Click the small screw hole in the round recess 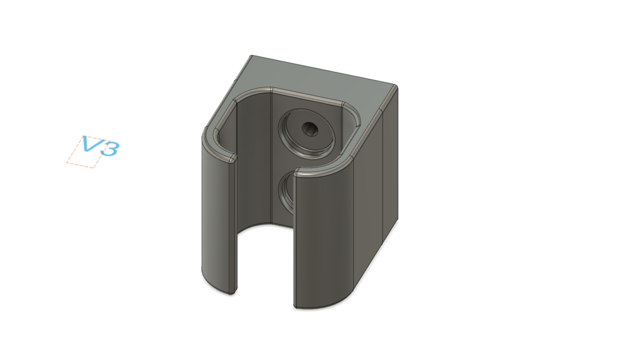310,129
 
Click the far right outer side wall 390,163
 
